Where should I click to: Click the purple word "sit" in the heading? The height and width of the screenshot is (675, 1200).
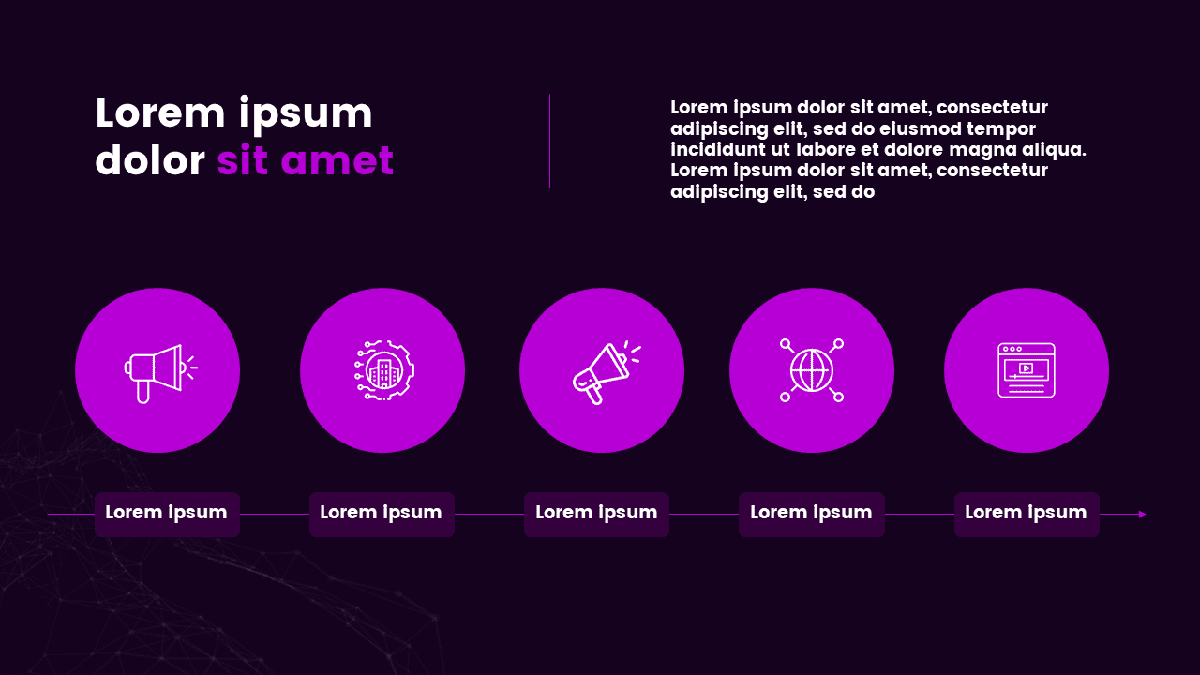242,159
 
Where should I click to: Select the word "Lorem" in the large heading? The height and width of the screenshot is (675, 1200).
159,113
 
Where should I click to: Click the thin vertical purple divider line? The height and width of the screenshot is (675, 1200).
549,142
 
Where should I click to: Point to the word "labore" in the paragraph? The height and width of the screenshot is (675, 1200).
826,149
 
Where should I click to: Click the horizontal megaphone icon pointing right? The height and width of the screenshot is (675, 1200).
160,373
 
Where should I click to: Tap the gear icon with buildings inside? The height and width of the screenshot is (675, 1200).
384,370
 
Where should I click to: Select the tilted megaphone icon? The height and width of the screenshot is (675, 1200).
607,372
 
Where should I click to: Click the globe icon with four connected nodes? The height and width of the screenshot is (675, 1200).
812,370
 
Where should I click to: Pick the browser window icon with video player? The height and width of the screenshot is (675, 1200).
1027,370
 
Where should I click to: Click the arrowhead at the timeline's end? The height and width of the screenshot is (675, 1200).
1142,515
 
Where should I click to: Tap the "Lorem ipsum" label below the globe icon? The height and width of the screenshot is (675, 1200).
811,513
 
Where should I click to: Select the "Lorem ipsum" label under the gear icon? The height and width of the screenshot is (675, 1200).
381,513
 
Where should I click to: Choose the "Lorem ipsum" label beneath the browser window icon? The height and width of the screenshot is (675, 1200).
1026,513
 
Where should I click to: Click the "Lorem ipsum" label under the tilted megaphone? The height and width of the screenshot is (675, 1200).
596,513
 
